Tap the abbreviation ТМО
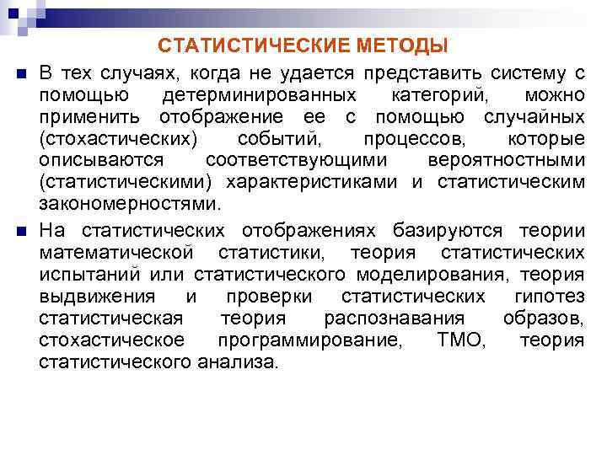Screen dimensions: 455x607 point(462,340)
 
